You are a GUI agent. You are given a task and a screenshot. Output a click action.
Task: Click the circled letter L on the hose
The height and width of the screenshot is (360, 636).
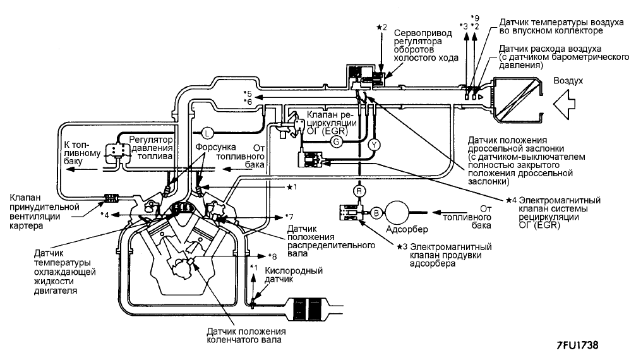coord(207,133)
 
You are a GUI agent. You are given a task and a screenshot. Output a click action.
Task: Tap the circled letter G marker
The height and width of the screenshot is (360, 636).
coord(336,141)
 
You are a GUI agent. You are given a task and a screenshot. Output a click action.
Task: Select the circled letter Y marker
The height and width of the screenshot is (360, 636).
coord(374,145)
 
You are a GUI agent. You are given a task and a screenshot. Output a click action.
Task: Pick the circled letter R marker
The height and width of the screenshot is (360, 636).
coord(359,191)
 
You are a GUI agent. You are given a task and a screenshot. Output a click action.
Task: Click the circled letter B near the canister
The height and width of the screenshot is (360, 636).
coord(376,212)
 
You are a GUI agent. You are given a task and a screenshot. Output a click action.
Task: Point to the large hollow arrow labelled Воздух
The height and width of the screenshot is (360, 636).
coord(565,105)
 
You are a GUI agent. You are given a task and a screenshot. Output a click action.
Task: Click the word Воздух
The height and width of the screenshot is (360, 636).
coord(568,81)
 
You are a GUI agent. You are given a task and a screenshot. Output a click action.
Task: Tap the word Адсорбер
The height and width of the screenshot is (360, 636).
coord(407,229)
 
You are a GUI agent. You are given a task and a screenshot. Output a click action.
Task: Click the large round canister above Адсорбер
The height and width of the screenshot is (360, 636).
coord(396,212)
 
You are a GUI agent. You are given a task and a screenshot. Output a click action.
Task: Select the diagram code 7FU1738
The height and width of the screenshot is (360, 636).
coord(578,345)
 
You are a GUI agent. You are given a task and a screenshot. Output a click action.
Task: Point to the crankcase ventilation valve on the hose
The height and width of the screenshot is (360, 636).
coord(112,198)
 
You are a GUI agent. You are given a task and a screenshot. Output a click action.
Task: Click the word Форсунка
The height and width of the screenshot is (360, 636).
coord(215,147)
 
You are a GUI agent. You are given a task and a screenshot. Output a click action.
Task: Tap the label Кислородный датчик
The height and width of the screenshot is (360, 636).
coord(294,275)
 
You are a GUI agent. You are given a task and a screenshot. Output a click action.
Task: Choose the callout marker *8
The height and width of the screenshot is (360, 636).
coord(273,256)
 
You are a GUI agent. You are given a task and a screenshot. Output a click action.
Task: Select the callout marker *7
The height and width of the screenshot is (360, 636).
coord(289,217)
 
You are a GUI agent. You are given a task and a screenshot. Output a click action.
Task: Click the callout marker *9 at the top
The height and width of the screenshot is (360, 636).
coord(474,18)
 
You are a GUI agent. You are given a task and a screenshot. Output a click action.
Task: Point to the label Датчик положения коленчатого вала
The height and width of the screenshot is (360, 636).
coord(246,335)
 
